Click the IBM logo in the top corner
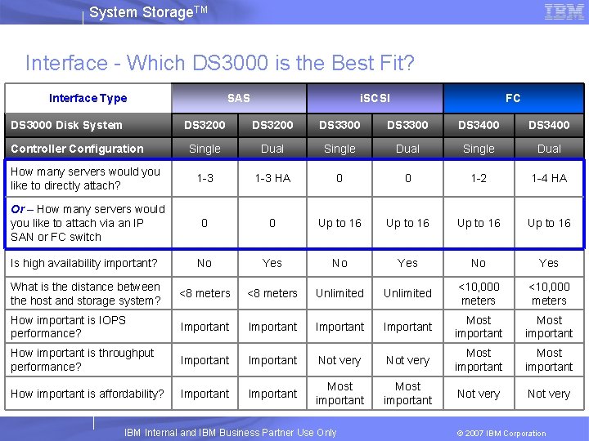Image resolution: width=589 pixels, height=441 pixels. (x=564, y=12)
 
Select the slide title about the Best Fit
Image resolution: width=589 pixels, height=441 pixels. (x=220, y=63)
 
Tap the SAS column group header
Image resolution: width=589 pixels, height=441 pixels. (x=238, y=98)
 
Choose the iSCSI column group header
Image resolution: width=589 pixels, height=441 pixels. (x=375, y=98)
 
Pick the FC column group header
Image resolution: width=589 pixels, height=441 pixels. (x=513, y=98)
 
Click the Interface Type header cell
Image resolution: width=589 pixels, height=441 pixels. (x=88, y=98)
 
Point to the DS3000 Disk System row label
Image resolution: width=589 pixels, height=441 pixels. (x=66, y=125)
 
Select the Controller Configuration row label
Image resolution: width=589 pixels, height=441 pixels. (x=77, y=149)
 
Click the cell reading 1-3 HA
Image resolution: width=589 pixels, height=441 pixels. (x=272, y=178)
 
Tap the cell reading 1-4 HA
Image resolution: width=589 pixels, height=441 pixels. (x=548, y=178)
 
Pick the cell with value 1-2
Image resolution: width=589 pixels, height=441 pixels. (x=479, y=178)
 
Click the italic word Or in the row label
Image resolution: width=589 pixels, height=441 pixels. (x=17, y=209)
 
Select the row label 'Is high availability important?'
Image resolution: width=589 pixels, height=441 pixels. (x=83, y=263)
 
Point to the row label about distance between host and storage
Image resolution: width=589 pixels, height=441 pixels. (x=85, y=293)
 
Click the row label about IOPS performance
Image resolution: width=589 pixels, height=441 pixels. (x=68, y=327)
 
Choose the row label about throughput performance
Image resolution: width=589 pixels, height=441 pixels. (x=82, y=360)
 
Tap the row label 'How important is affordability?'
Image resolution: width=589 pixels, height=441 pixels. (x=87, y=394)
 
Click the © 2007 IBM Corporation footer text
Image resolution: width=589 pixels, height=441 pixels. (x=501, y=433)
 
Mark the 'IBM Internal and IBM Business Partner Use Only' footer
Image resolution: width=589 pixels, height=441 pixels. (x=230, y=433)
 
